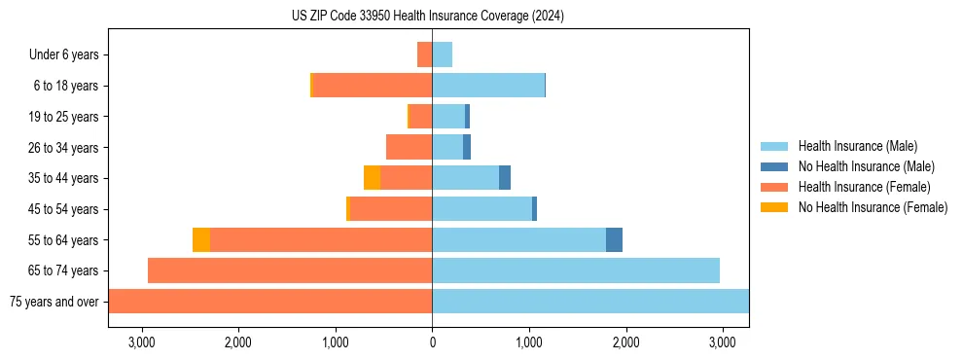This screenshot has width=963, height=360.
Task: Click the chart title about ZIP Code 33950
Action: click(x=427, y=16)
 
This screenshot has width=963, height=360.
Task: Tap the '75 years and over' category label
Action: click(x=53, y=302)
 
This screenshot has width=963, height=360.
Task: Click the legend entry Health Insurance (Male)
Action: click(x=856, y=146)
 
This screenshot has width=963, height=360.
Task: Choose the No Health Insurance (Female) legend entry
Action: click(x=873, y=207)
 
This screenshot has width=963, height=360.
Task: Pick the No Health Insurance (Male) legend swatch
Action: click(x=774, y=166)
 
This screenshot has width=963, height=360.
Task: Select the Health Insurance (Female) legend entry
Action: click(x=864, y=187)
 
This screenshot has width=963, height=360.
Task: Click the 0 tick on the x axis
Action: click(x=432, y=343)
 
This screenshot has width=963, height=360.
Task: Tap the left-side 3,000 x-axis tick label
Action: click(x=142, y=343)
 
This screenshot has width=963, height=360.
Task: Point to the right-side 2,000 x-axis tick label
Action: click(x=625, y=343)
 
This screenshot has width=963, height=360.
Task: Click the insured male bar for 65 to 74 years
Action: click(x=576, y=270)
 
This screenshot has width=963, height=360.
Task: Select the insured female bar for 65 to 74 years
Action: click(x=290, y=270)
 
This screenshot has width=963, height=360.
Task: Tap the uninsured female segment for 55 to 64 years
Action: click(x=201, y=239)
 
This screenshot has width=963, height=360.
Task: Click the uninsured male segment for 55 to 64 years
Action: click(x=614, y=239)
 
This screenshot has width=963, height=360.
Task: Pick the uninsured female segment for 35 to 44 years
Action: click(x=372, y=178)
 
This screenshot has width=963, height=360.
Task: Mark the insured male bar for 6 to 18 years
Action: click(x=488, y=86)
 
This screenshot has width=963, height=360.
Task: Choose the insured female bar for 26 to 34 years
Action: click(x=409, y=147)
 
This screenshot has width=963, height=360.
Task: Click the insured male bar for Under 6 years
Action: click(x=443, y=54)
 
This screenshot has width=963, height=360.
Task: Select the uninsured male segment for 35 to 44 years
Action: click(x=505, y=178)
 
